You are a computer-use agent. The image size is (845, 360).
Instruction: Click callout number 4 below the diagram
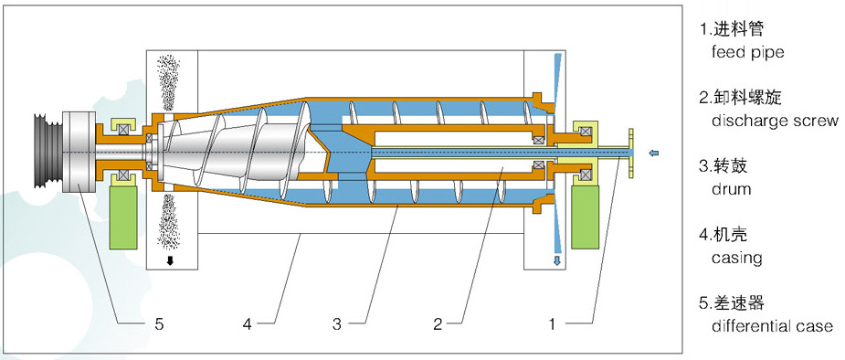[247, 323]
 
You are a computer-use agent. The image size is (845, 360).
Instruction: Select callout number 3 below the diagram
[337, 323]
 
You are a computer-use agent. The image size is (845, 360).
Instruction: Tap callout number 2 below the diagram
[438, 323]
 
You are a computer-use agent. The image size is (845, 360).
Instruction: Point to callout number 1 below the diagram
[551, 323]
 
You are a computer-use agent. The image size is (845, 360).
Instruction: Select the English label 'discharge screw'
[768, 121]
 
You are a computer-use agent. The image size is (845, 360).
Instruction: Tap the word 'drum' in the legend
[731, 189]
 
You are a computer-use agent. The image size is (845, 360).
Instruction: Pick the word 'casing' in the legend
[736, 258]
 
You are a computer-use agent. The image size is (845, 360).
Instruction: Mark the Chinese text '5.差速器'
[733, 302]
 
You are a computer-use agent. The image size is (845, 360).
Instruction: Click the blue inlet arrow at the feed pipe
[650, 151]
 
